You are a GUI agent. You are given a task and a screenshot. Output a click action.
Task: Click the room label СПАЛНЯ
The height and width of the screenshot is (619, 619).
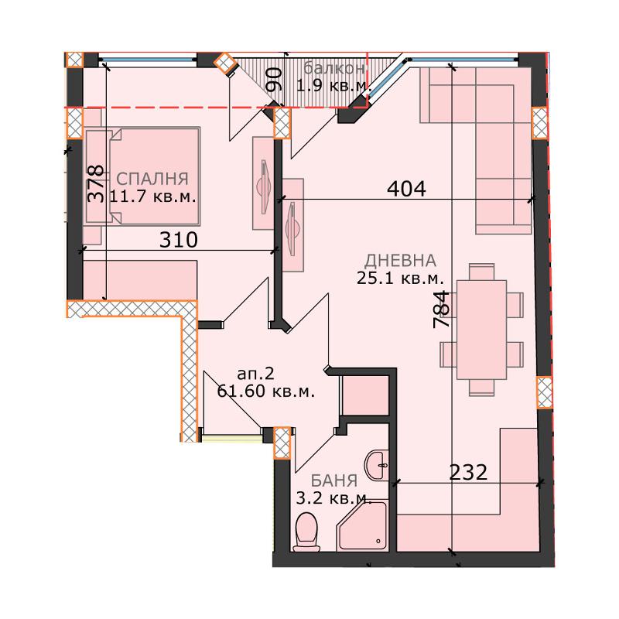coord(152,179)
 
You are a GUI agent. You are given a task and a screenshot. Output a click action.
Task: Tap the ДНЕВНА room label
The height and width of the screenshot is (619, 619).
coord(400,261)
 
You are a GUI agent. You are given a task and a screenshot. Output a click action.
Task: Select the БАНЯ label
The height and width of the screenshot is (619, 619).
coord(334,480)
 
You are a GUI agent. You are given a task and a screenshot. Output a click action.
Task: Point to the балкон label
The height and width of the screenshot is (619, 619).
coord(334,68)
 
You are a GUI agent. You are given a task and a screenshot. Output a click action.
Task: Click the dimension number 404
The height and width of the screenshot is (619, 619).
coord(407,189)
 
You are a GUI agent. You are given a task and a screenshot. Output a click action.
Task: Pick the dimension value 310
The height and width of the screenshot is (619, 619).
coord(179,240)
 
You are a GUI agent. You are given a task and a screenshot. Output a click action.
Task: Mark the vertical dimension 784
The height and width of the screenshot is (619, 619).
coord(442,310)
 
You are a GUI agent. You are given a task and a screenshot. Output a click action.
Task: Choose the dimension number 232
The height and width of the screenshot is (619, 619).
coord(469,472)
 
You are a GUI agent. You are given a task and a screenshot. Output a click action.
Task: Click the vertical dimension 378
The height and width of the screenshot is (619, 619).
coord(96,183)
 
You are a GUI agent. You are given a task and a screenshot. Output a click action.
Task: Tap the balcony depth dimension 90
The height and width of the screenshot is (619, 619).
coord(274,80)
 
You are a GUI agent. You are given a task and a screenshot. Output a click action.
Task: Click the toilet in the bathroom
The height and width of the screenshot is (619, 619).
coord(306,532)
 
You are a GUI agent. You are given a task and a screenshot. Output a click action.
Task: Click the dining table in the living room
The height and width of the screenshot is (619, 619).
coord(481,330)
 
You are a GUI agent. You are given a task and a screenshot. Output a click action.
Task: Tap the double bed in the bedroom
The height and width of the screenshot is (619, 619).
coord(154,176)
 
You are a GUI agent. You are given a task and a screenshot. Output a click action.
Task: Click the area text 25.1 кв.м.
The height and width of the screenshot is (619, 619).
coord(400,279)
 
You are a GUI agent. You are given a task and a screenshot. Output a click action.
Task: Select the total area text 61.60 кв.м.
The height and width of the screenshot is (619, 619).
coord(266,392)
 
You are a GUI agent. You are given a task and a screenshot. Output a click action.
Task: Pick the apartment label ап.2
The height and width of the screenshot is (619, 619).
coord(255,374)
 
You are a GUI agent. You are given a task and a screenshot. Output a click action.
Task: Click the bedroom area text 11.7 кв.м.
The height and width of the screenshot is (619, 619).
coord(152,197)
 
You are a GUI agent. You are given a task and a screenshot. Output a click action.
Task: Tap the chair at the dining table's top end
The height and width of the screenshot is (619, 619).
coord(481,272)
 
